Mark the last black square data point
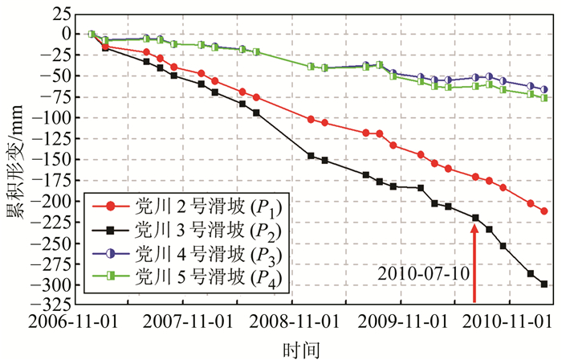(x=544, y=284)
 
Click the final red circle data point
(x=544, y=211)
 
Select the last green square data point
(x=544, y=98)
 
